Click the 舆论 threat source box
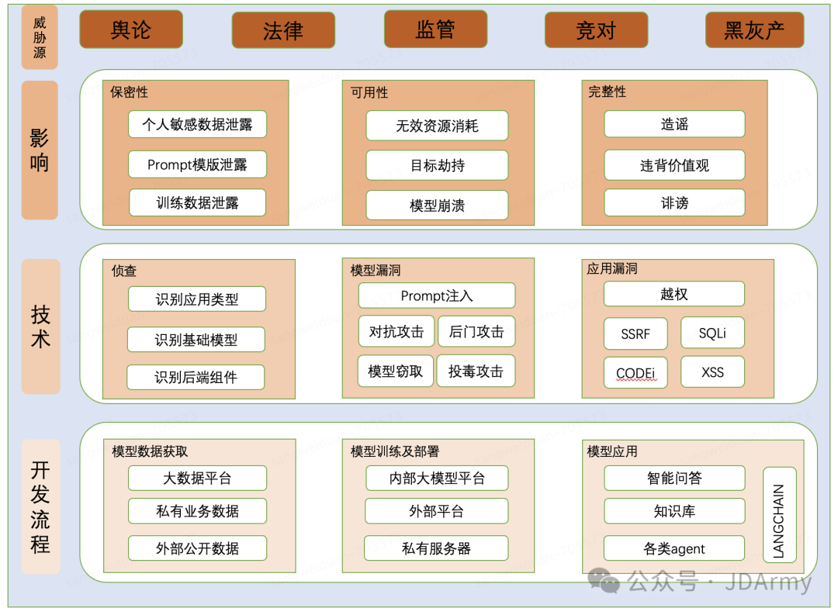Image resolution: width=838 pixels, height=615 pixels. click(x=131, y=29)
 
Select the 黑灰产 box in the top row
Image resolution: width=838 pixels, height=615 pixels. click(x=754, y=29)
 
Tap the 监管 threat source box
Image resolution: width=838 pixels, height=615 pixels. click(x=435, y=29)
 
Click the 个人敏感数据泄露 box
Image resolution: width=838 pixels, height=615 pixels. click(x=197, y=124)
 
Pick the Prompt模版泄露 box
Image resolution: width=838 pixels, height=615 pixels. click(x=197, y=164)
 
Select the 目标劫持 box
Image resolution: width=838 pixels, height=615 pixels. click(x=437, y=165)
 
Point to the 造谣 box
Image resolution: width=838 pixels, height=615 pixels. click(x=674, y=124)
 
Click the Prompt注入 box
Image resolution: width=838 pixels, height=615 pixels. click(x=436, y=295)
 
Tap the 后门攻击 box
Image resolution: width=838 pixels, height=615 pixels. click(x=476, y=331)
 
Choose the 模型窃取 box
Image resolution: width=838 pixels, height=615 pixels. click(x=396, y=371)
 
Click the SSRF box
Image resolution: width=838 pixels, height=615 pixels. click(x=635, y=333)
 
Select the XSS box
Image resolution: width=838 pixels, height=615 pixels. click(x=712, y=372)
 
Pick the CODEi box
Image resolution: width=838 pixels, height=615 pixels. click(x=635, y=373)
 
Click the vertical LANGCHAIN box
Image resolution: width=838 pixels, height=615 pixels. click(x=779, y=513)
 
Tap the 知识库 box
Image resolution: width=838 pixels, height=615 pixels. click(x=674, y=511)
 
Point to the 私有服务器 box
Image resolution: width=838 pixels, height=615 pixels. click(x=436, y=548)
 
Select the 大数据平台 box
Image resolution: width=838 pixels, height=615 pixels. click(x=197, y=478)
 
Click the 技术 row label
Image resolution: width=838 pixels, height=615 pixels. click(x=40, y=327)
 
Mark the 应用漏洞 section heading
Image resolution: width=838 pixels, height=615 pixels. click(x=612, y=269)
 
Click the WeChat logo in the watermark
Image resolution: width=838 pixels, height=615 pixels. click(x=604, y=579)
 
